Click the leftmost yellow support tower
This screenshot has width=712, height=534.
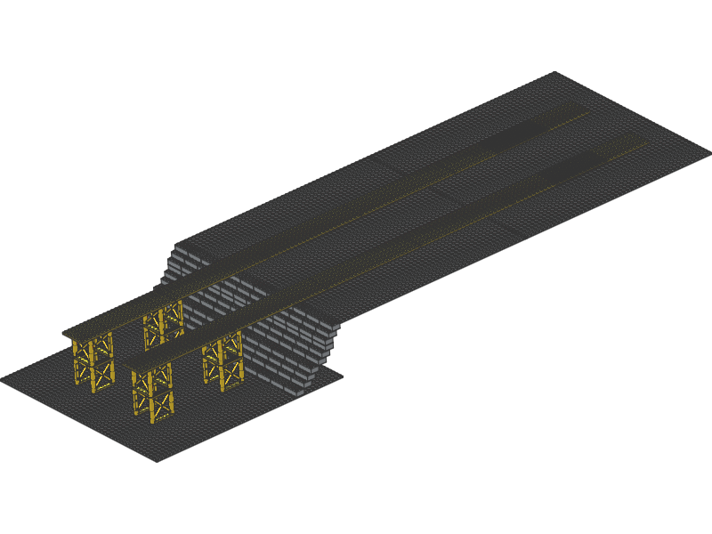[x=93, y=360]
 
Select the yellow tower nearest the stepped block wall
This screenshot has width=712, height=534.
[x=223, y=360]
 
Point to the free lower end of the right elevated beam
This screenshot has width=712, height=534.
[x=130, y=365]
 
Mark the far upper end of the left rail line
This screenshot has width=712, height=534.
[x=587, y=110]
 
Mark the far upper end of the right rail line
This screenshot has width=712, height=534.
[x=645, y=140]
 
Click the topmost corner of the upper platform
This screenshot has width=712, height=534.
[x=554, y=73]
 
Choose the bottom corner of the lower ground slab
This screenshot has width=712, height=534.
[x=157, y=460]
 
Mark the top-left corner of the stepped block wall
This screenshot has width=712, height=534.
[x=176, y=242]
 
